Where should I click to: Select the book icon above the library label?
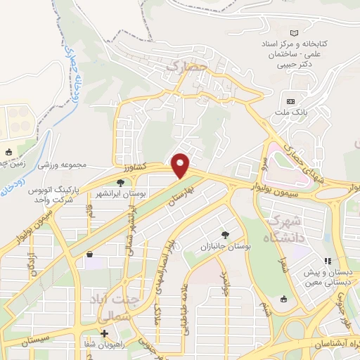pos(295,33)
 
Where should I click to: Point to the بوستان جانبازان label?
pos(223,247)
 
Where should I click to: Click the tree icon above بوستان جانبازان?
pos(225,235)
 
